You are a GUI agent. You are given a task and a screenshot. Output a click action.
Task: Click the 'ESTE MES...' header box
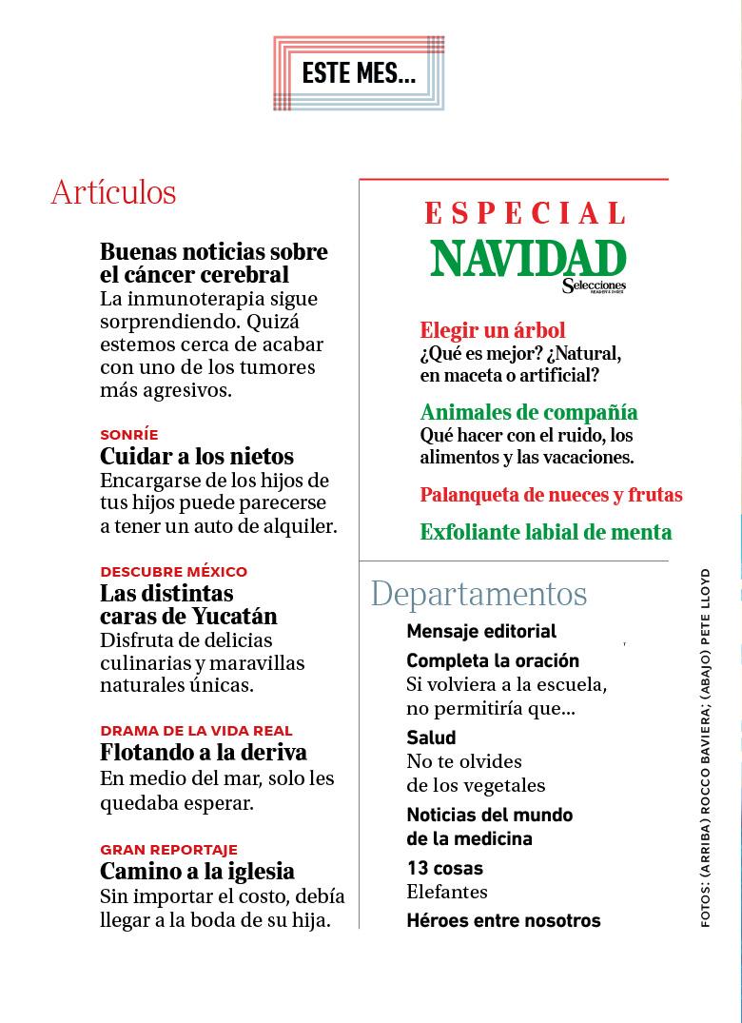click(359, 73)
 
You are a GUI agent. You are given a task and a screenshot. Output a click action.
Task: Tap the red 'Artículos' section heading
click(113, 192)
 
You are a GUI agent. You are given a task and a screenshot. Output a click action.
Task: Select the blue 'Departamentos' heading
click(478, 594)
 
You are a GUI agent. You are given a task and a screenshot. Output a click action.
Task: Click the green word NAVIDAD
click(528, 258)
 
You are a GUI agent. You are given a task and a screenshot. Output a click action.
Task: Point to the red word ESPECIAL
click(525, 212)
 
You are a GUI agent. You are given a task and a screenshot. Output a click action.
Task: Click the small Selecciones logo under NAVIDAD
click(594, 285)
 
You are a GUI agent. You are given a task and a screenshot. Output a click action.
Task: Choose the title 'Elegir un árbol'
click(493, 330)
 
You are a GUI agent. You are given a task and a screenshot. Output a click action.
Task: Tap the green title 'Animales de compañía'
click(529, 412)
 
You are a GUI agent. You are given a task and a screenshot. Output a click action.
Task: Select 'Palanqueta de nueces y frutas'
click(551, 495)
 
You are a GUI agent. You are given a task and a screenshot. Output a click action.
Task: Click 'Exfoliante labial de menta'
click(546, 532)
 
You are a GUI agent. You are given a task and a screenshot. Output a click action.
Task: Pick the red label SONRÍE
click(129, 435)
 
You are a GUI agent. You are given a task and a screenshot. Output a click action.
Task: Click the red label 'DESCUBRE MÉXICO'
click(173, 572)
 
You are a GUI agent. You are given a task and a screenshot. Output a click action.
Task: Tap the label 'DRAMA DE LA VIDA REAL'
click(196, 731)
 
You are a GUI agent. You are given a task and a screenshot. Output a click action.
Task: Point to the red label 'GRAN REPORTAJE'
click(168, 850)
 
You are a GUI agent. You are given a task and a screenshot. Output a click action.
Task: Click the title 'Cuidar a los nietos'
click(197, 456)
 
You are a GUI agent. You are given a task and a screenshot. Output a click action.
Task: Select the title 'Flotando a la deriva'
click(204, 753)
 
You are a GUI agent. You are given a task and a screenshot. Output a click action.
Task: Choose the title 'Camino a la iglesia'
click(197, 872)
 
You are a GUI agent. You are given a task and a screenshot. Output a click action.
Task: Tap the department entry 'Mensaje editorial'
click(481, 631)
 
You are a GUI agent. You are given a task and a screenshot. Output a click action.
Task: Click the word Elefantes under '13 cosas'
click(447, 892)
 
